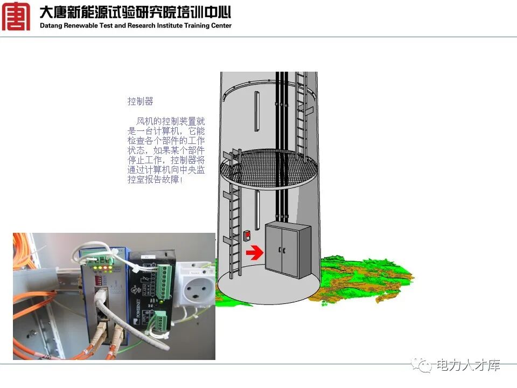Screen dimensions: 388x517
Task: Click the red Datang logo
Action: [16, 16]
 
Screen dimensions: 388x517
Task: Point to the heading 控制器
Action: [140, 101]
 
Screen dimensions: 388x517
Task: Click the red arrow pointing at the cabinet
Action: [254, 252]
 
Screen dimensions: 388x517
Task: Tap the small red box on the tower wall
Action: [247, 235]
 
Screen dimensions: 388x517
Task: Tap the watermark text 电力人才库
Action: [468, 365]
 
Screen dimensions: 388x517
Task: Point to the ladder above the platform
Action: [303, 108]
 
